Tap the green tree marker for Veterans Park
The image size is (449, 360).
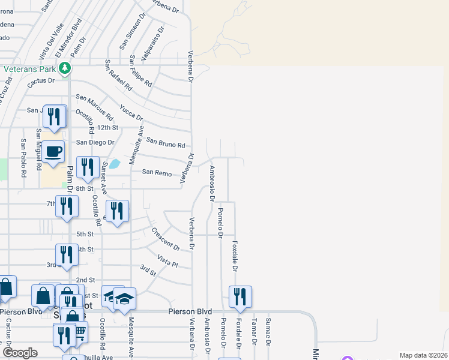coord(68,69)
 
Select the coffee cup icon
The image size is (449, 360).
coord(53,151)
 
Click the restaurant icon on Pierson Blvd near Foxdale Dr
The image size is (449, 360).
coord(240,296)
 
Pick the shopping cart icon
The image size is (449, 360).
coord(78,332)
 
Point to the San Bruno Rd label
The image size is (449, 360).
coord(165,143)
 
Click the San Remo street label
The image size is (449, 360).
coord(157,172)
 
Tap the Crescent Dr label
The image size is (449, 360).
coord(166,239)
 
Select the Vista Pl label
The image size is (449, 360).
coord(167,261)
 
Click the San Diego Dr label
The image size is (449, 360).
coord(95,142)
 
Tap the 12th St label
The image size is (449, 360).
coord(108,128)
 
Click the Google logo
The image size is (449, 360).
coord(20,353)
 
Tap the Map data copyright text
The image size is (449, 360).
coord(424,355)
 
